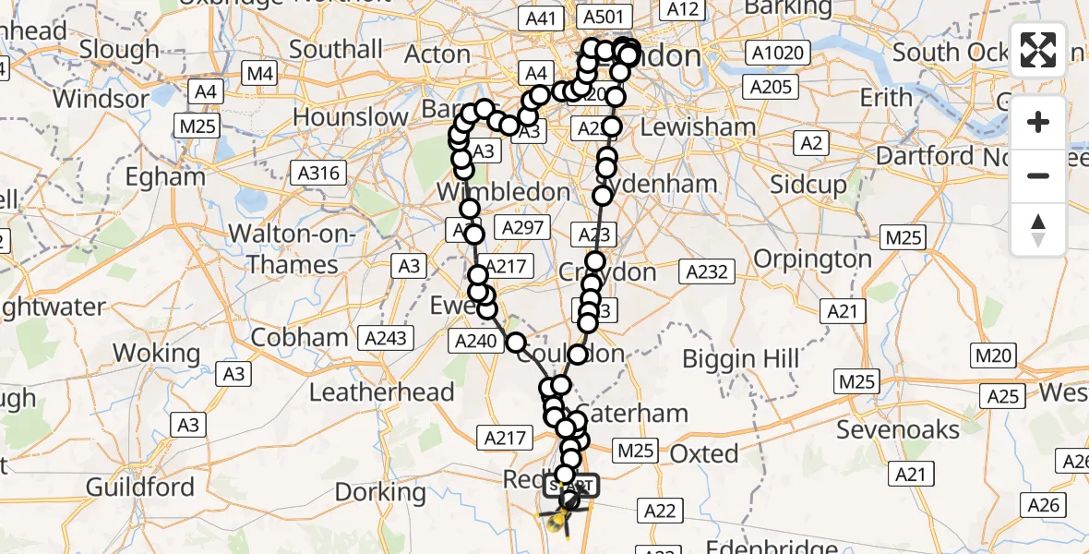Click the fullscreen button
click(1038, 49)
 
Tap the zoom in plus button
click(1038, 123)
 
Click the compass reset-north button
click(1038, 230)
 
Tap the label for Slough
click(119, 49)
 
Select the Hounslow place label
click(350, 117)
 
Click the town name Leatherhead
click(381, 392)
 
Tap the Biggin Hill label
click(742, 359)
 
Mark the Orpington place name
click(813, 259)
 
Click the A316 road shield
click(318, 173)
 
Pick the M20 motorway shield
click(994, 355)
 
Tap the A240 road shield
click(475, 342)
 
